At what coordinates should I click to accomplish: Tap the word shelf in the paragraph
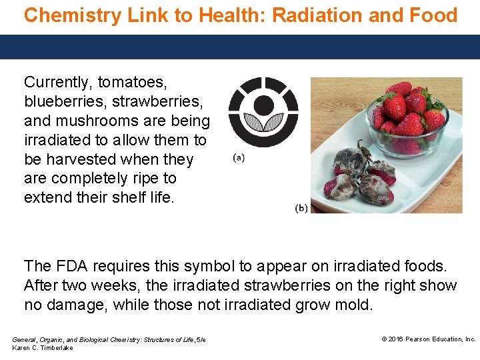[119, 198]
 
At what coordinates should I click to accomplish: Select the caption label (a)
[239, 158]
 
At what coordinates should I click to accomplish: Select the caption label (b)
[301, 208]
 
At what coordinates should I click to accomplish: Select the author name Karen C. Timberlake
[43, 348]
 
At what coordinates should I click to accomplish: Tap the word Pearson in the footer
[422, 339]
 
